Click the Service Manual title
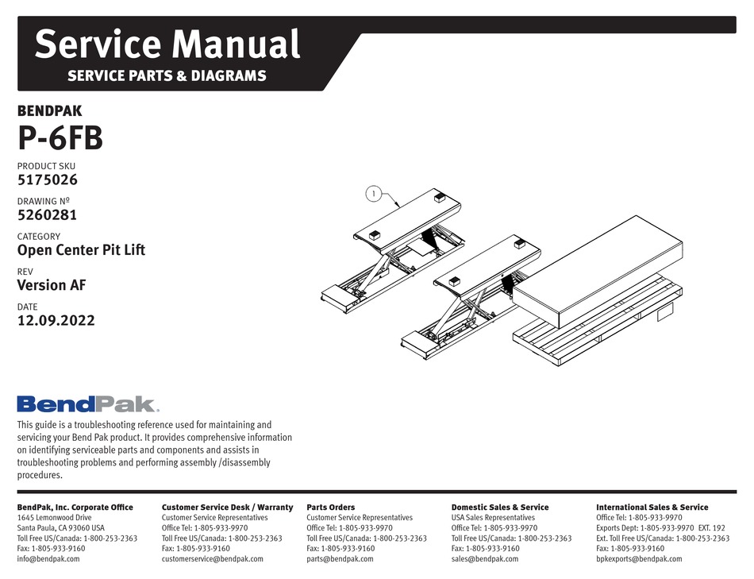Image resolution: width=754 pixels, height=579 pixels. [167, 44]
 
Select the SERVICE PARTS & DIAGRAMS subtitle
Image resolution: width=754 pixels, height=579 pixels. [167, 77]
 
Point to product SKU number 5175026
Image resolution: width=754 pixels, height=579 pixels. [48, 179]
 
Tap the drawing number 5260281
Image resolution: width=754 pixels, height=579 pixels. [48, 214]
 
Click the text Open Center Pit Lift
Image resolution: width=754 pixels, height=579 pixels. [81, 249]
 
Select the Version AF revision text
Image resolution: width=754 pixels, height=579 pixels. [52, 285]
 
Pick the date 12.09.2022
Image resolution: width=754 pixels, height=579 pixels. [56, 321]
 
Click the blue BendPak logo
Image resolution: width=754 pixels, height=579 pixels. [87, 404]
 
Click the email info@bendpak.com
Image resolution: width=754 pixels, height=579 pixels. [48, 558]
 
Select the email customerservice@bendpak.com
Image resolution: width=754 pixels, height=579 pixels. [212, 558]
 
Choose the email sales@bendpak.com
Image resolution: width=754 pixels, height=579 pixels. [484, 558]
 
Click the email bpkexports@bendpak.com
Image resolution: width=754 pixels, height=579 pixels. [639, 558]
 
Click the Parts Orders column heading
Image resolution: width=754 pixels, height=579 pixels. [330, 507]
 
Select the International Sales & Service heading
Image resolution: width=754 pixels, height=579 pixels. [652, 507]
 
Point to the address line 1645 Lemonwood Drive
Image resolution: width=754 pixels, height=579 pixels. [60, 517]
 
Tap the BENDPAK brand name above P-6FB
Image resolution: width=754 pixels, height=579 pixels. [49, 112]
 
